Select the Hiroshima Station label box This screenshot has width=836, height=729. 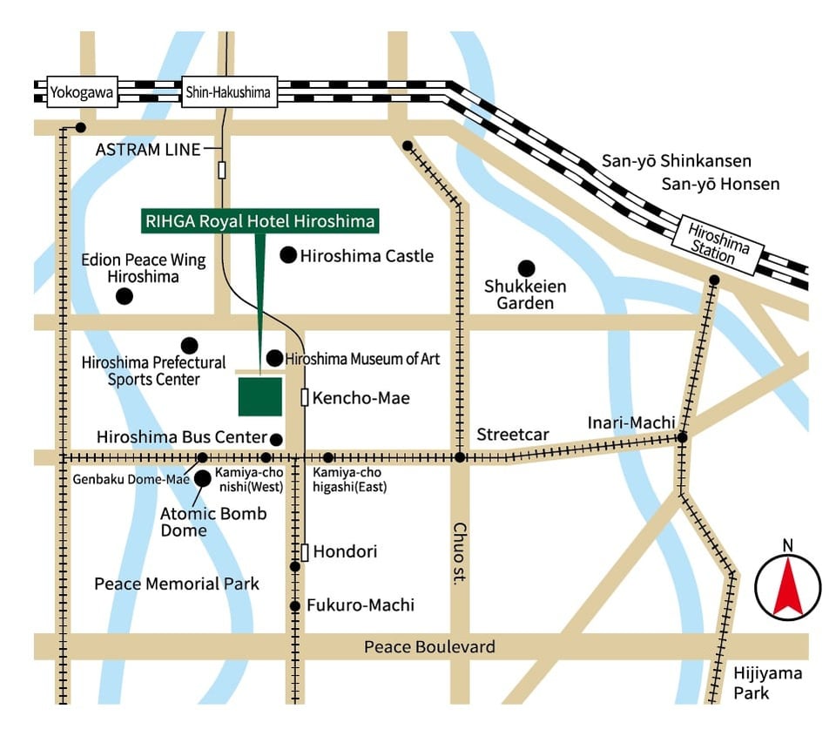[x=718, y=241]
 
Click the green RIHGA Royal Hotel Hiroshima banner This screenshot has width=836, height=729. [x=260, y=221]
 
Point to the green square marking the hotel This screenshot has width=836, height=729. [x=260, y=396]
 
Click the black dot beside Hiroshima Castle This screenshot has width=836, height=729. [x=287, y=255]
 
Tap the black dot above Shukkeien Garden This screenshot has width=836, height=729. [x=525, y=267]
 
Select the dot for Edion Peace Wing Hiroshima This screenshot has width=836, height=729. [x=125, y=296]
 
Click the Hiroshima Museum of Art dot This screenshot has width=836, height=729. [x=274, y=358]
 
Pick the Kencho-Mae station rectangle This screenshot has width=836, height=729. [x=305, y=398]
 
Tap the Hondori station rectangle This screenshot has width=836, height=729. [x=305, y=552]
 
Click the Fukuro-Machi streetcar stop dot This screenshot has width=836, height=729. [x=295, y=605]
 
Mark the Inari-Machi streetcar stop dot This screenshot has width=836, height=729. [x=683, y=437]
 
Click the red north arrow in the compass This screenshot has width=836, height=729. [x=787, y=586]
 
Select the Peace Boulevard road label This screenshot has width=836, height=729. [x=429, y=647]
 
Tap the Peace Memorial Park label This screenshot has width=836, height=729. [x=177, y=584]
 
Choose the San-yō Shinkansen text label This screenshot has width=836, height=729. [x=676, y=161]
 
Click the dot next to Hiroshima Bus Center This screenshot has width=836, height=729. [x=276, y=439]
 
